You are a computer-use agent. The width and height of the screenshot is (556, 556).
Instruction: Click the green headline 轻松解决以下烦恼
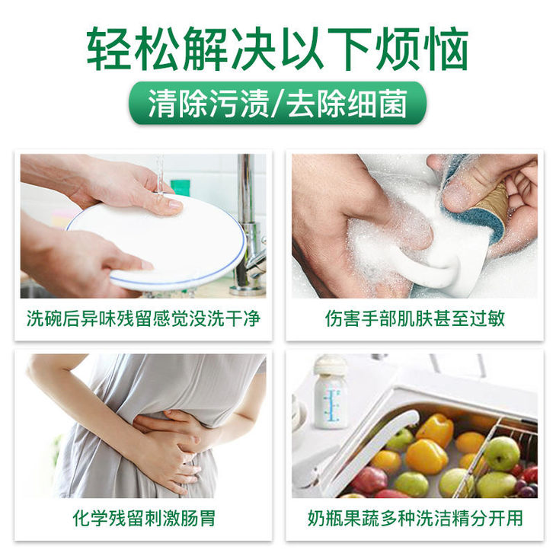(x=278, y=49)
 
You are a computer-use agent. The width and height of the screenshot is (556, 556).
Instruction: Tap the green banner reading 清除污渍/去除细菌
(x=278, y=103)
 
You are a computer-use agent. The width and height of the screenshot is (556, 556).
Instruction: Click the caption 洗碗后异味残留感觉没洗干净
(x=144, y=318)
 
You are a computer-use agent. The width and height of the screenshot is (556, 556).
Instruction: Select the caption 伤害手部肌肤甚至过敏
(x=415, y=318)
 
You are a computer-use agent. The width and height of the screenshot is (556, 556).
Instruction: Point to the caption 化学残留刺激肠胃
(x=144, y=518)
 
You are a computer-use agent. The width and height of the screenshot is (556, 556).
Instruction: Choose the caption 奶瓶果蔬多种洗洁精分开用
(x=415, y=518)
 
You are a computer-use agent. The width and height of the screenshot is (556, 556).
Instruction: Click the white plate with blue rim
(x=156, y=241)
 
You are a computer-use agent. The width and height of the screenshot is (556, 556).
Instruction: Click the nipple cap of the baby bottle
(x=330, y=365)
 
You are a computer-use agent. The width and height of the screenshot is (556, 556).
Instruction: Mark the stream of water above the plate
(x=160, y=174)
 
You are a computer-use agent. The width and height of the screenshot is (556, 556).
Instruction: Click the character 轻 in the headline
(x=107, y=49)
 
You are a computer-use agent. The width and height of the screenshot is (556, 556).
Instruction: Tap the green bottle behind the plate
(x=181, y=188)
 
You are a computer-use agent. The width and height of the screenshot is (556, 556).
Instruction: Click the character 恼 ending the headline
(x=448, y=49)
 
